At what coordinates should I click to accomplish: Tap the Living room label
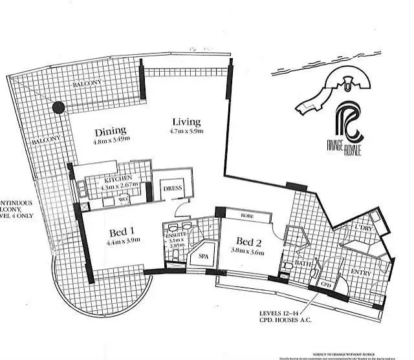pos(186,122)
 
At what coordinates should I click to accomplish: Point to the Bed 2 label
pos(248,242)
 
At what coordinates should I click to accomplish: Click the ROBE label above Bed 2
pos(247,217)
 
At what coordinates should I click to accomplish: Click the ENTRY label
pos(360,273)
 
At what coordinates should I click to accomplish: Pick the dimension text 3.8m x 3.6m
pos(248,253)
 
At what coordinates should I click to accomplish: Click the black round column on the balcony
pos(59,108)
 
